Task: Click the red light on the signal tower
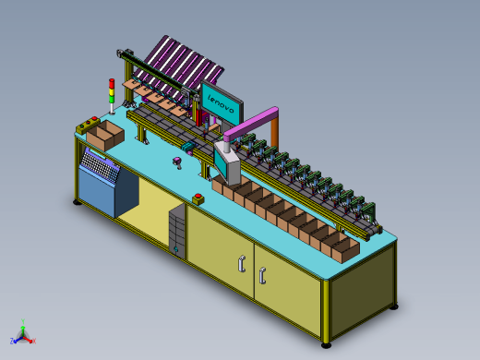point(112,82)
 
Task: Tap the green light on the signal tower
point(112,99)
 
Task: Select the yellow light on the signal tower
point(112,90)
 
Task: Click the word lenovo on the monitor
point(221,104)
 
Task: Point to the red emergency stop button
point(198,196)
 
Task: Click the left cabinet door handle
point(242,264)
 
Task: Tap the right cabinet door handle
point(262,276)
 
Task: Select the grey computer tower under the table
point(177,232)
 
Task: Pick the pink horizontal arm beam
point(251,123)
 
